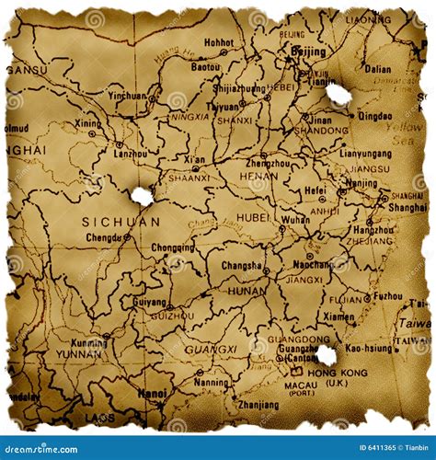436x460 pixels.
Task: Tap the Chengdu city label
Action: coord(102,237)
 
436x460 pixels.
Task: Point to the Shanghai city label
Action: coord(407,208)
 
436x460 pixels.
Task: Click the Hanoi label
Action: coord(152,393)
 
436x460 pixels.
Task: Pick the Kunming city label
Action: coord(88,343)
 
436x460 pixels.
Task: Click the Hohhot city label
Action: coord(219,42)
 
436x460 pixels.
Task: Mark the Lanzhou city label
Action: coord(131,154)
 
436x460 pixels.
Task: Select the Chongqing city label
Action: coord(173,247)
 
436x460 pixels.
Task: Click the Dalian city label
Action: coord(377,69)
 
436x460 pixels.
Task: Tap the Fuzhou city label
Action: coord(388,296)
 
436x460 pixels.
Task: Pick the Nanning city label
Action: coord(212,382)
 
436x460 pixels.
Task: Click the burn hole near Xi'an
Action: coord(142,195)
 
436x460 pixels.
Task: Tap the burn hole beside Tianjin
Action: coord(338,94)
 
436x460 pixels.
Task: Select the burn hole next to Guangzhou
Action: coord(326,355)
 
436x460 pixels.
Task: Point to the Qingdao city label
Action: coord(374,117)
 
